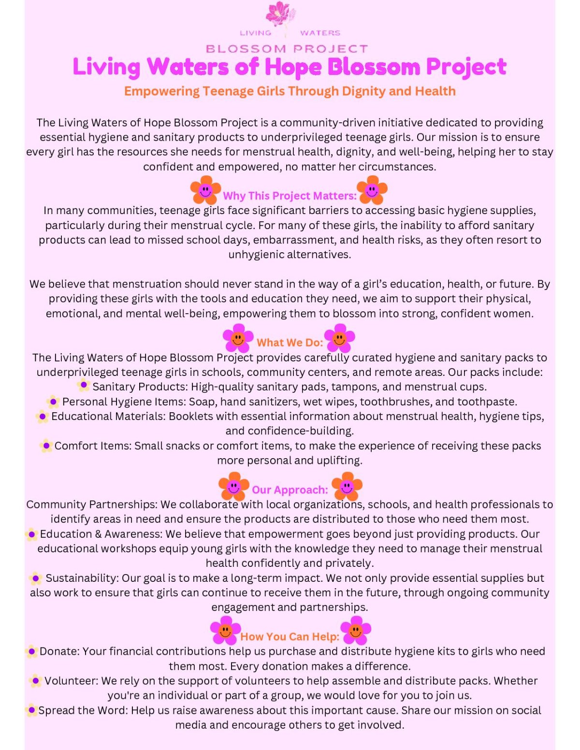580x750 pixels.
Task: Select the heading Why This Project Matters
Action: pyautogui.click(x=290, y=196)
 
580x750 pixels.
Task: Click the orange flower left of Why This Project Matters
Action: pyautogui.click(x=205, y=190)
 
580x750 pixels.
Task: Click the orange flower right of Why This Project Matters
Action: pyautogui.click(x=372, y=190)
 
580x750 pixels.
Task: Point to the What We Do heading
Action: pyautogui.click(x=290, y=343)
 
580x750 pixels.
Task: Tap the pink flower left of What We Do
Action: pyautogui.click(x=238, y=338)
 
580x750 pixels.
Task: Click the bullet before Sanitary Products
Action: pyautogui.click(x=84, y=385)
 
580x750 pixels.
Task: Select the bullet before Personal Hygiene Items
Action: pyautogui.click(x=53, y=401)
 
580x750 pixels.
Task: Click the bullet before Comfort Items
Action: pyautogui.click(x=46, y=445)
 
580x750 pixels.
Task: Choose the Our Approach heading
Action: pyautogui.click(x=290, y=490)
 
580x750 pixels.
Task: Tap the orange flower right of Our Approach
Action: pyautogui.click(x=347, y=486)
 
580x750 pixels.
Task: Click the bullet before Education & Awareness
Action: pyautogui.click(x=31, y=534)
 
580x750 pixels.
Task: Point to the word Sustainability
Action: pyautogui.click(x=82, y=578)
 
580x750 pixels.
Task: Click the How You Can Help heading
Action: pyautogui.click(x=290, y=637)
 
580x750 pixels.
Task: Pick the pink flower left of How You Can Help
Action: pyautogui.click(x=225, y=630)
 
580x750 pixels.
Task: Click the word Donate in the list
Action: pyautogui.click(x=59, y=651)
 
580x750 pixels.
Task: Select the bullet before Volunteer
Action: pyautogui.click(x=35, y=681)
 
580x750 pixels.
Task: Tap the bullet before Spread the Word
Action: pyautogui.click(x=31, y=710)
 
